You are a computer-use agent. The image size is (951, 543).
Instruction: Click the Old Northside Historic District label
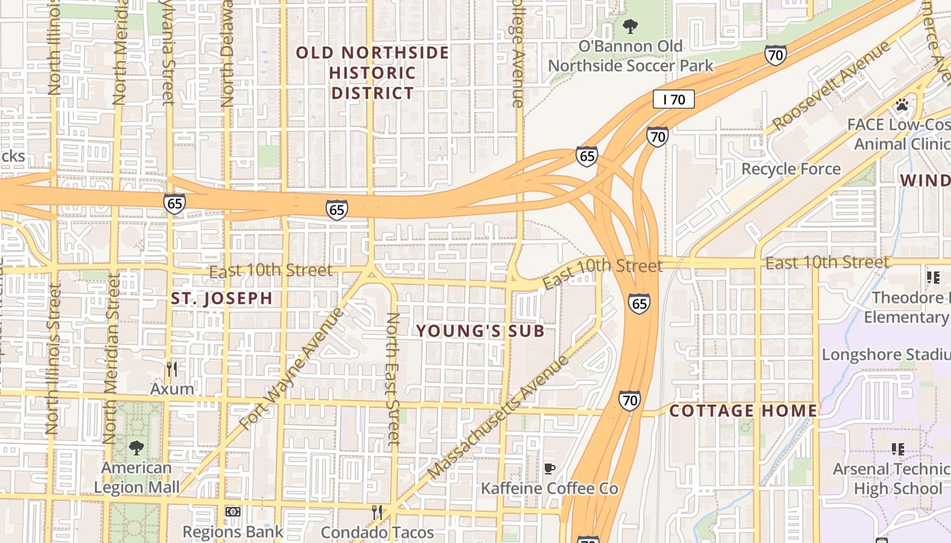[372, 73]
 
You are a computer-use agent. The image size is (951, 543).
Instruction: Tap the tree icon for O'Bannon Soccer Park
[630, 27]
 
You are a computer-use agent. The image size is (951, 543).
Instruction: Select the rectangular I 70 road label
[674, 100]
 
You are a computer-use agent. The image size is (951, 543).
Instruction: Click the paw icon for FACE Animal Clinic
[902, 105]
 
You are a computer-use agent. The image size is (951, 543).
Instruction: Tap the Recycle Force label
[791, 169]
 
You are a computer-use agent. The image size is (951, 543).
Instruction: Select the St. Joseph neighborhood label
[222, 298]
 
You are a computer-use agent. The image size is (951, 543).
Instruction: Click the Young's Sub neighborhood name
[480, 331]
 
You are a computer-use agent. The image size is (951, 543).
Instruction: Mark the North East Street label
[393, 379]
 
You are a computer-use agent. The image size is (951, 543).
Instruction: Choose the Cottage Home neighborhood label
[743, 411]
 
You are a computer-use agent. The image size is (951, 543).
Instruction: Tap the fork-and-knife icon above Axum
[172, 369]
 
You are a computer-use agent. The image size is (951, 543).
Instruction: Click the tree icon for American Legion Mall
[137, 448]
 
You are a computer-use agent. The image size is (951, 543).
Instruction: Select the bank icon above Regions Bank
[232, 512]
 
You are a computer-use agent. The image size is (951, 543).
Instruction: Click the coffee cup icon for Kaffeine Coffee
[550, 468]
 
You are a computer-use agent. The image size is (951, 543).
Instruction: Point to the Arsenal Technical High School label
[891, 479]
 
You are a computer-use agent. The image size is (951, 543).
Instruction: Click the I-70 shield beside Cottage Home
[629, 400]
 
